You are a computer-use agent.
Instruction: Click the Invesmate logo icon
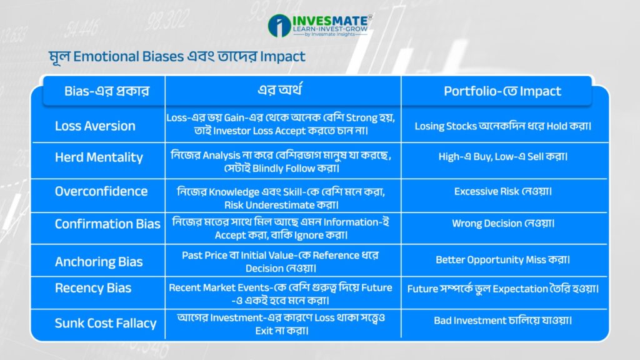tap(279, 25)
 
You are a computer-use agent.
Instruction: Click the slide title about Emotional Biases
tap(177, 56)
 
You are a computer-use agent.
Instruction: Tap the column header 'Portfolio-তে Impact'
tap(502, 91)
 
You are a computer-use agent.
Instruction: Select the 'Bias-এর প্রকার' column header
tap(107, 91)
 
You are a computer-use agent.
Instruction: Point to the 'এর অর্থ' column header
tap(280, 90)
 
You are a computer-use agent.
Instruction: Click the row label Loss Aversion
tap(95, 126)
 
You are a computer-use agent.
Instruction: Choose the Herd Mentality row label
tap(99, 157)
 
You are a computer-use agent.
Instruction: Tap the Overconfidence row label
tap(101, 191)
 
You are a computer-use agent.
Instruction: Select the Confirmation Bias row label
tap(107, 224)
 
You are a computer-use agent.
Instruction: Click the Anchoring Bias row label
tap(99, 262)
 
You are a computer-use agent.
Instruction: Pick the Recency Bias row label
tap(93, 288)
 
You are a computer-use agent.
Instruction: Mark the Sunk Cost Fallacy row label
tap(106, 323)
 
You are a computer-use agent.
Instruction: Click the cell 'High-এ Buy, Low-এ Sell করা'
tap(503, 156)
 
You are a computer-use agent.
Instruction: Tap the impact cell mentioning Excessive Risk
tap(503, 191)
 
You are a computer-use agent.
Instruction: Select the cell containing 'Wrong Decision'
tap(503, 223)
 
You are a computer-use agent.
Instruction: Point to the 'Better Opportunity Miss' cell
tap(503, 259)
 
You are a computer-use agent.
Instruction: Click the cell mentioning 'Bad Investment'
tap(503, 321)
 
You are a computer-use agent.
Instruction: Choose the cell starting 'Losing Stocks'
tap(503, 126)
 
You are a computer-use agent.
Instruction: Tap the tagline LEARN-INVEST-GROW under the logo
tap(330, 29)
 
